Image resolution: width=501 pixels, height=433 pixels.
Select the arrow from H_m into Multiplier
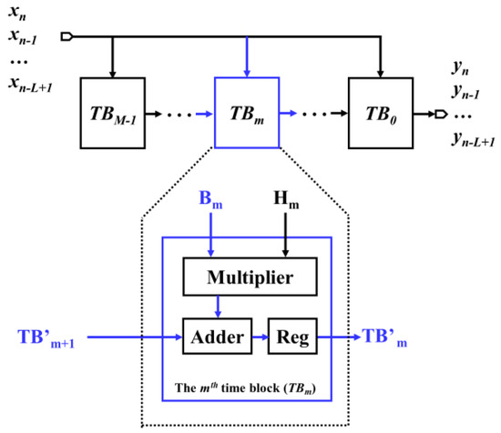coord(286,246)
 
